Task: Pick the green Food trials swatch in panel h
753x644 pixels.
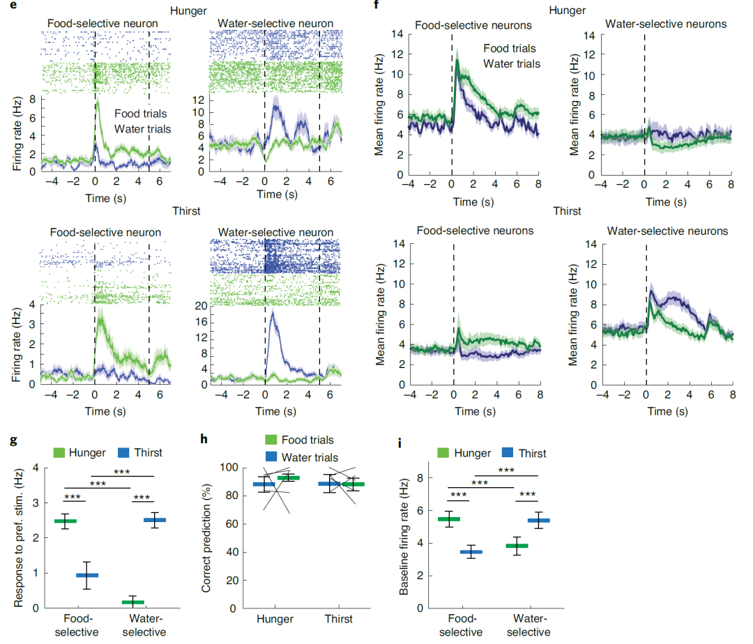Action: coord(273,440)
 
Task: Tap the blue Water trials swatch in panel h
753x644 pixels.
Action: coord(273,457)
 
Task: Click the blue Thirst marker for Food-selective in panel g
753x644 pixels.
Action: coord(87,575)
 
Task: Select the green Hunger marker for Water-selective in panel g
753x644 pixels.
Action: coord(132,601)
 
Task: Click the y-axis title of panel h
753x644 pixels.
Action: coord(206,537)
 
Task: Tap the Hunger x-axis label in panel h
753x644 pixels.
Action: coord(274,619)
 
